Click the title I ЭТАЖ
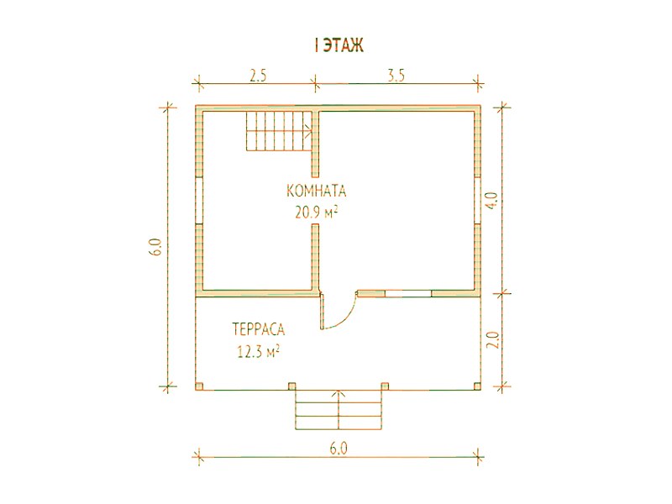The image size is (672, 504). (x=339, y=45)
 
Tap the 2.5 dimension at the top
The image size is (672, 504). (x=259, y=76)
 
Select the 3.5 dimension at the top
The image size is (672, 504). (x=396, y=76)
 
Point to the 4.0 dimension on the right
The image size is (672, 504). (x=492, y=201)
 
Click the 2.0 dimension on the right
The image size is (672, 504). (x=493, y=340)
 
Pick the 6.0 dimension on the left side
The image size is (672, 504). (x=155, y=247)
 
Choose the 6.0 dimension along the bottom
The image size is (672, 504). (x=339, y=449)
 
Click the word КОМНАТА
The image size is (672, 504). (x=316, y=191)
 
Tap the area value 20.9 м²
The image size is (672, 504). (x=316, y=212)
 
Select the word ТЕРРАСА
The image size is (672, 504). (x=259, y=329)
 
